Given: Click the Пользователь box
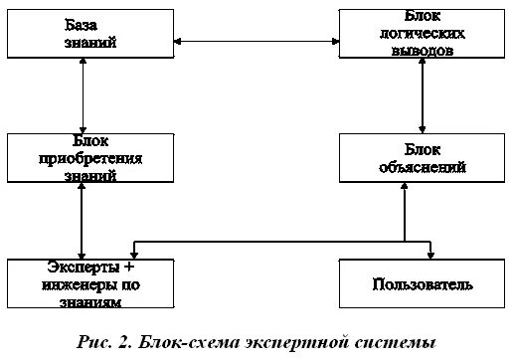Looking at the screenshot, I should [422, 283].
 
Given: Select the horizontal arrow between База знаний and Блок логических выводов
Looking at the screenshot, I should [256, 41].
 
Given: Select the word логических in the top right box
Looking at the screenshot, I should [423, 32].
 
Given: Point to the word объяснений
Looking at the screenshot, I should [423, 168].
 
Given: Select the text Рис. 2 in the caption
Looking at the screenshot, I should [103, 342].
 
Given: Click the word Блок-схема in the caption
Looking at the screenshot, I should [187, 342].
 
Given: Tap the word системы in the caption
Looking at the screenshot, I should [398, 342].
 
